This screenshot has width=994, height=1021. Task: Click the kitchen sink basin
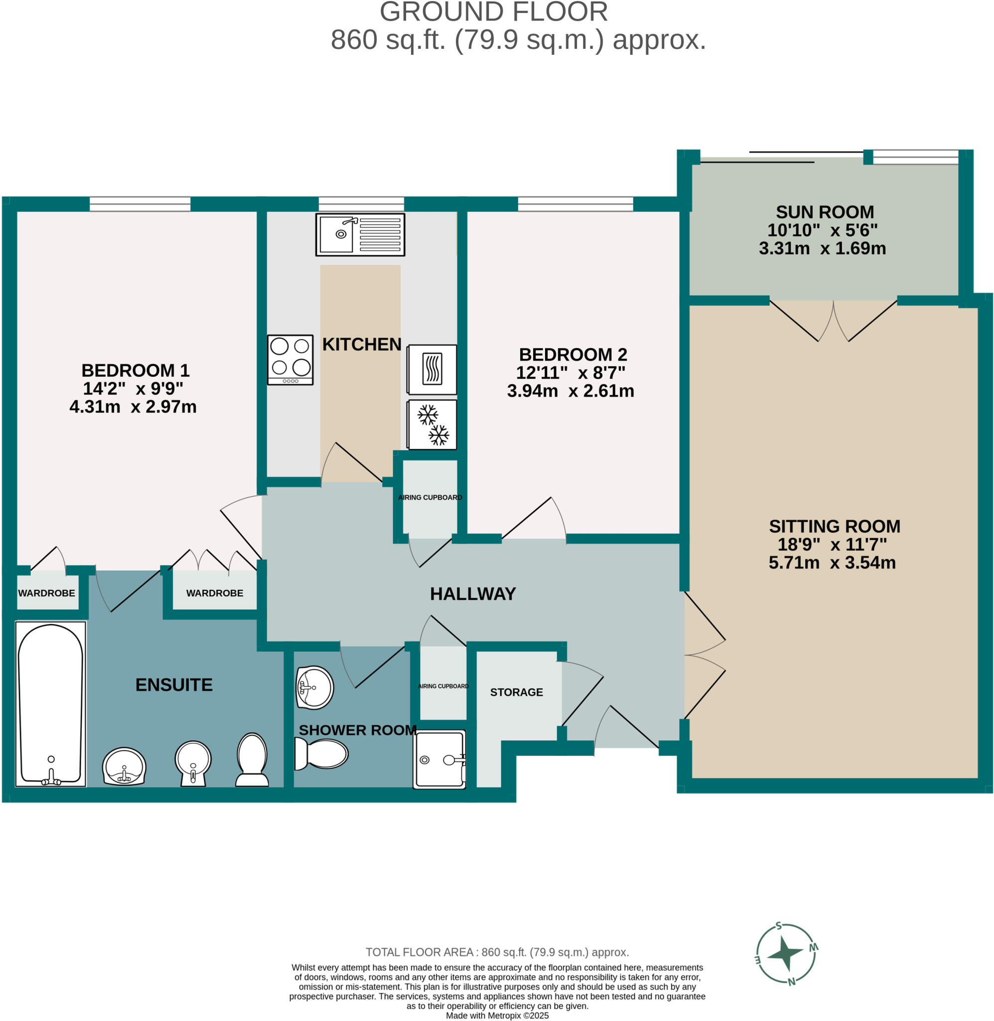tap(337, 234)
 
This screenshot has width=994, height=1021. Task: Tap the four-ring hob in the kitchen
tap(290, 360)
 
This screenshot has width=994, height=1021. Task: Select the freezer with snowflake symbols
tap(432, 425)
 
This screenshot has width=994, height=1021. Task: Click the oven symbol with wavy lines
tap(432, 369)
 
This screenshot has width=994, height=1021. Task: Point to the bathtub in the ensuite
tap(51, 704)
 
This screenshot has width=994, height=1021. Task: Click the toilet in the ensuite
tap(252, 760)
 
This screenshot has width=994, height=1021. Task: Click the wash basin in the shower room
tap(315, 687)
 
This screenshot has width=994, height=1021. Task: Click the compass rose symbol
tap(786, 953)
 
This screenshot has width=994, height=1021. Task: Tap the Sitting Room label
tap(834, 526)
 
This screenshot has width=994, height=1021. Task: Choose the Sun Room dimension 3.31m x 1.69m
tap(822, 248)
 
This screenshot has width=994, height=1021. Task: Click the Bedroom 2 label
tap(572, 354)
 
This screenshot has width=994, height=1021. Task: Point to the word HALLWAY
tap(473, 593)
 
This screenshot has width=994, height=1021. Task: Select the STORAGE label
tap(516, 692)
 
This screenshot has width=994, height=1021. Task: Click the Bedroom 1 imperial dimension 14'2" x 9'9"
tap(133, 388)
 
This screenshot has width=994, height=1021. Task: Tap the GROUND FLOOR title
tap(494, 11)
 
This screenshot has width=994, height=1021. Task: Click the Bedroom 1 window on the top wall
tap(140, 204)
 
